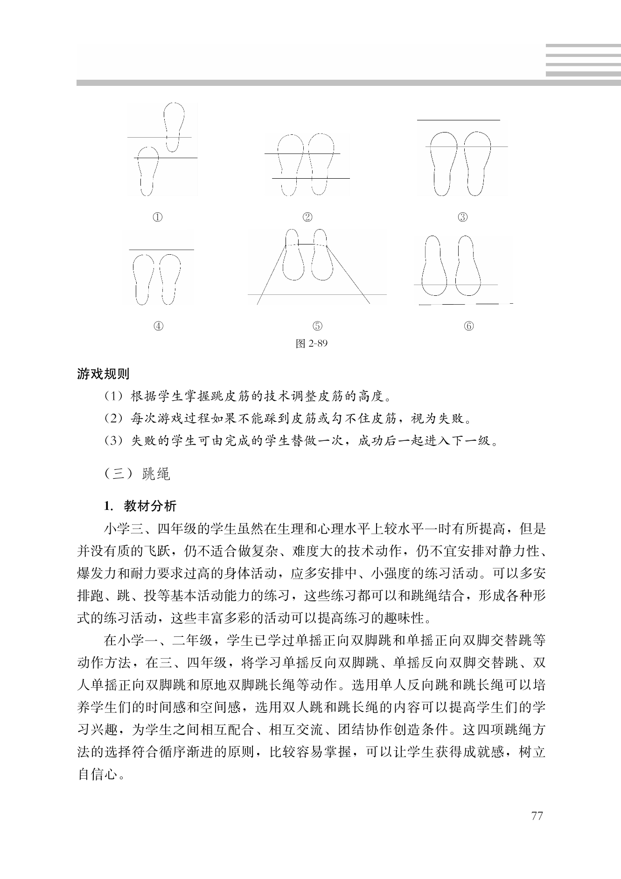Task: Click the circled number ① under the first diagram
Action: tap(158, 217)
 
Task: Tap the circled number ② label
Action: tap(307, 217)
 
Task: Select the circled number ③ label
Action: tap(462, 217)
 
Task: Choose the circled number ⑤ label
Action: tap(317, 326)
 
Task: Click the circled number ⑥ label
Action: tap(469, 326)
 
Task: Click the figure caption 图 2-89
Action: tap(312, 344)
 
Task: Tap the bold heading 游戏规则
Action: tap(103, 374)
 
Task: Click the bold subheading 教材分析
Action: tap(150, 506)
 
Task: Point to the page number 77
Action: tap(537, 816)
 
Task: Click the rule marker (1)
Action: tap(113, 397)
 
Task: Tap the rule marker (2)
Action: tap(113, 419)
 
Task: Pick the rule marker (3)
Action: tap(113, 440)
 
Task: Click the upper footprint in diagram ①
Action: tap(174, 126)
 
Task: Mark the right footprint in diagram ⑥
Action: tap(468, 266)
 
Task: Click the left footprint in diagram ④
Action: tap(144, 278)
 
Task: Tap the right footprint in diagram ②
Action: tap(321, 163)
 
